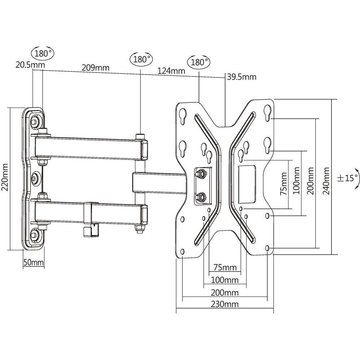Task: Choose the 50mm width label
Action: point(33,262)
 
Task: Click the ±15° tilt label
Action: point(347,178)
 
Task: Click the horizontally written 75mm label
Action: point(225,268)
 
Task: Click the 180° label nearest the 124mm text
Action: point(198,62)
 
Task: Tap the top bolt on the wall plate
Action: point(35,121)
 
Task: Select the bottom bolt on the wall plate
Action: point(35,235)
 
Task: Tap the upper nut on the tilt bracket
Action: point(199,174)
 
